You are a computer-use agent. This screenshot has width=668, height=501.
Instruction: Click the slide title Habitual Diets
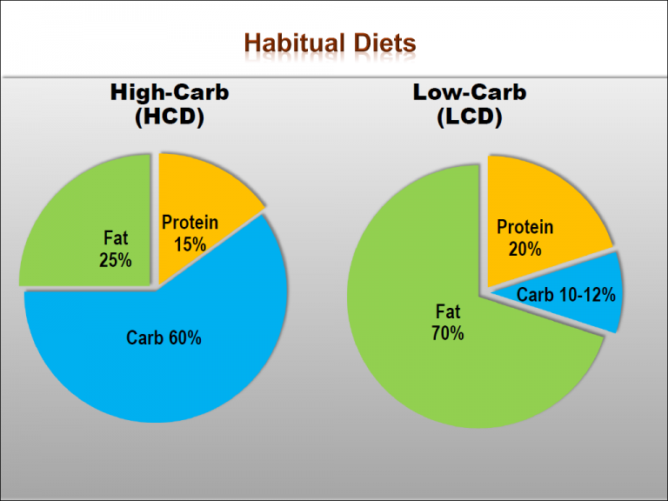[330, 43]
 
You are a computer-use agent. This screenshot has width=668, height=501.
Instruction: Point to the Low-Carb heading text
[469, 93]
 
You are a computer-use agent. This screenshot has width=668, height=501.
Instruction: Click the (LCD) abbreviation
[469, 117]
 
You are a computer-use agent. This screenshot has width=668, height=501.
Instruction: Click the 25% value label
[115, 259]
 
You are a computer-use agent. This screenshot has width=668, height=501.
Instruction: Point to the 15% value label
[190, 244]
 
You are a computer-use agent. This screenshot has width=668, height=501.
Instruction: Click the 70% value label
[447, 333]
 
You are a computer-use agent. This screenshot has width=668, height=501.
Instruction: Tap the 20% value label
[524, 249]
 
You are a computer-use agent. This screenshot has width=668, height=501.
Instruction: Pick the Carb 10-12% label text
[565, 296]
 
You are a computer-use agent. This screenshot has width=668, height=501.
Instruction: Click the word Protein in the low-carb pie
[524, 228]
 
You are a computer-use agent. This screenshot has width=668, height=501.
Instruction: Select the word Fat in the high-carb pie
[115, 238]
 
